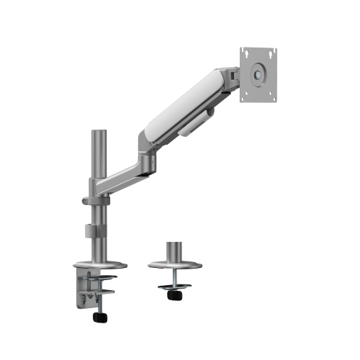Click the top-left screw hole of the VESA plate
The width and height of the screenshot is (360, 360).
[245, 53]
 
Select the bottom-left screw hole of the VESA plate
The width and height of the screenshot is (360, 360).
[245, 94]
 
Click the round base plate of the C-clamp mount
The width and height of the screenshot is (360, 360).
[99, 262]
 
